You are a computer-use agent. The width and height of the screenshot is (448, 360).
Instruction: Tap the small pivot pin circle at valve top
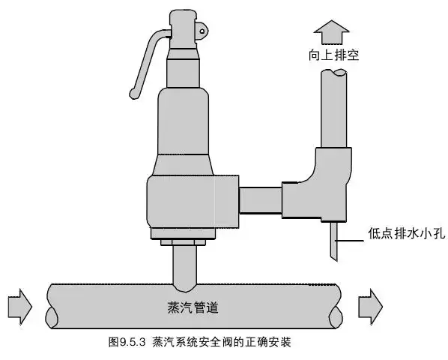coord(201,30)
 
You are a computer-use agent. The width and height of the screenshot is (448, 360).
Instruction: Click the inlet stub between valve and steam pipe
coord(184,266)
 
